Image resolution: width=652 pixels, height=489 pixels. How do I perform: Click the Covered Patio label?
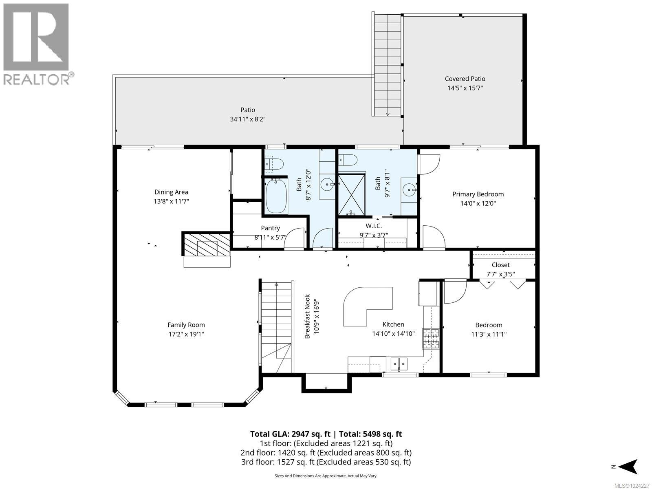(465, 79)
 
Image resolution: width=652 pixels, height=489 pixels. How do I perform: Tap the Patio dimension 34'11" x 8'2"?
(248, 119)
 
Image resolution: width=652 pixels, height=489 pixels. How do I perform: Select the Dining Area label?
(171, 192)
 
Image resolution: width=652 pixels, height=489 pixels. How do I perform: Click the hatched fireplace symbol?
(206, 245)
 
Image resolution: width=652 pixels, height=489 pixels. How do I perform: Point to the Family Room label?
(186, 325)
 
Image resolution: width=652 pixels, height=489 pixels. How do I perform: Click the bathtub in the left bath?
(276, 196)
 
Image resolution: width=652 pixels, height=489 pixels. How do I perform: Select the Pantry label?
(270, 228)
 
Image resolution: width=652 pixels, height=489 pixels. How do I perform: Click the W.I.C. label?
(373, 226)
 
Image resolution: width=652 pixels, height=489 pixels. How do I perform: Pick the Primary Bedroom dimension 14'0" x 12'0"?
(478, 203)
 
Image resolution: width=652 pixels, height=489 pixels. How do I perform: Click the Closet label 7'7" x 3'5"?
(500, 269)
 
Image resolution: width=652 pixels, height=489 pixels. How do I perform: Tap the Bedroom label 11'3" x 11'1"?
(489, 329)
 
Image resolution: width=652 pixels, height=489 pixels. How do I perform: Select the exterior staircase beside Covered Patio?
(387, 65)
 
